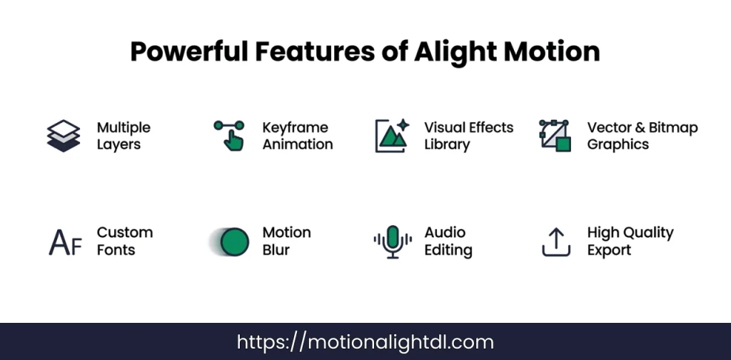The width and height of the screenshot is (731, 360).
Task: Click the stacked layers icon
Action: coord(64,136)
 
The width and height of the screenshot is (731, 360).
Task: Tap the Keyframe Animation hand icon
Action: coord(229,136)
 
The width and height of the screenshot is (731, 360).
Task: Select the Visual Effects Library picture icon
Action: coord(392,136)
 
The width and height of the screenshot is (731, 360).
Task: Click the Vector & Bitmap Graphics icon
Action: coord(555,136)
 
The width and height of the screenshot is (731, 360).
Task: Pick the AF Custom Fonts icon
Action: coord(65,242)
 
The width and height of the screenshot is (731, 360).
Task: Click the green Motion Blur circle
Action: coord(233,242)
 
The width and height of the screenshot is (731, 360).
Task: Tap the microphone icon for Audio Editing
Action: coord(392,242)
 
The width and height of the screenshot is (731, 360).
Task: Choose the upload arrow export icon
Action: coord(556,242)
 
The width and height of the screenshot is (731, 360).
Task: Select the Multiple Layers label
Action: coord(123,136)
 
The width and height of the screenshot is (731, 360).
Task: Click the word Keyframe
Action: coord(295,128)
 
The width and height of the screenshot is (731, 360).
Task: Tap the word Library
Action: coord(447,144)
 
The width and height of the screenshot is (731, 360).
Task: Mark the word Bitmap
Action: coord(673,128)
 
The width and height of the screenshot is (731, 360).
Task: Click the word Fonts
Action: coord(116,250)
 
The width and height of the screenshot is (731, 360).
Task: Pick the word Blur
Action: coord(276,250)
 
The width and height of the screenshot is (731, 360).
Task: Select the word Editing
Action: coord(448,250)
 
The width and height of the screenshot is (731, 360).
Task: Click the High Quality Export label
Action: coord(630,241)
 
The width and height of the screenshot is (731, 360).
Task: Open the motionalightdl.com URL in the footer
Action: coord(365,342)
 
